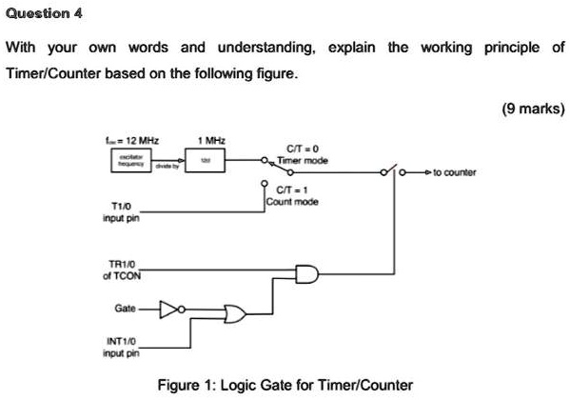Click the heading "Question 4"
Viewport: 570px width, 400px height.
pyautogui.click(x=45, y=13)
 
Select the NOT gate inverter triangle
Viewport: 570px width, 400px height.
pyautogui.click(x=169, y=310)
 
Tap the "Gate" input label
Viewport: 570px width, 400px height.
pyautogui.click(x=124, y=310)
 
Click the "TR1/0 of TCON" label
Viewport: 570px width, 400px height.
pyautogui.click(x=122, y=270)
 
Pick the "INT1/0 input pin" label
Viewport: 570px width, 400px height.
pyautogui.click(x=121, y=346)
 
